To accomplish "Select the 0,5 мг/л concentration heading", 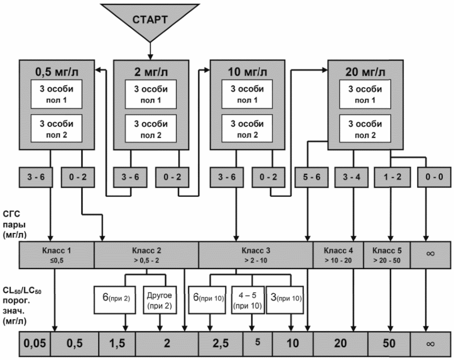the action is coord(57,72).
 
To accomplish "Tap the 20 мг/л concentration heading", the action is coord(365,72).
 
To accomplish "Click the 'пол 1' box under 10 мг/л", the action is coord(247,94).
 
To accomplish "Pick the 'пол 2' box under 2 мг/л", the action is coord(151,128).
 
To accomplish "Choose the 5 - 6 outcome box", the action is coord(312,177).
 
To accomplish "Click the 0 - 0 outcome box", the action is coord(434,177).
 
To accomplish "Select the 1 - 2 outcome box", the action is coord(392,177).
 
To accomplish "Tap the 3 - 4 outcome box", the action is coord(352,177).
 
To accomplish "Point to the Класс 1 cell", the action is coord(57,255).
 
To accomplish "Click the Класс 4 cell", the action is coord(338,255).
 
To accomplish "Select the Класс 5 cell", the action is coord(387,255).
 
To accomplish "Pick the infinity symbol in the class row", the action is coord(430,254).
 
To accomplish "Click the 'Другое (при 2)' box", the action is coord(160,300).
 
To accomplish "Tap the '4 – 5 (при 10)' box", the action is coord(248,300).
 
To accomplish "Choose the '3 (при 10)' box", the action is coord(285,300).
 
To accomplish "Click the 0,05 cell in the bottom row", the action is coord(35,344).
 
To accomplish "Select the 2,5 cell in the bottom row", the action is coord(221,344).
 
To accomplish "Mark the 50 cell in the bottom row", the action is coord(389,344).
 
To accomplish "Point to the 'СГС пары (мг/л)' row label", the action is coord(14,224).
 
